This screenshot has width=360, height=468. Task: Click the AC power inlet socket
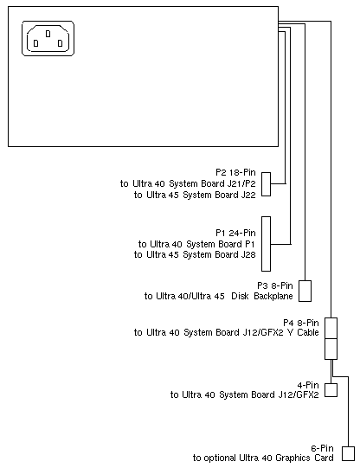point(48,38)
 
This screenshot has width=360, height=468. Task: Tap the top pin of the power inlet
point(48,34)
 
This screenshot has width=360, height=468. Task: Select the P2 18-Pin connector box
point(267,184)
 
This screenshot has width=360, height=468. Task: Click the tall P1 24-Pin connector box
point(267,244)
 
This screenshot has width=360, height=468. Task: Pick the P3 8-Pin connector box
point(305,291)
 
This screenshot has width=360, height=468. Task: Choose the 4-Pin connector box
point(331,390)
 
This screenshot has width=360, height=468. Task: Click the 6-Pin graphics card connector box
point(349,453)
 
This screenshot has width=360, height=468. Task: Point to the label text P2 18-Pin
point(235,172)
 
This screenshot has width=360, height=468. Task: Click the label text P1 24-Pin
point(235,233)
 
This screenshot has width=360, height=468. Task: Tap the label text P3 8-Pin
point(275,285)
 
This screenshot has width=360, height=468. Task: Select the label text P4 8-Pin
point(301,323)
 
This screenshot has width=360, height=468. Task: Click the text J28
point(248,254)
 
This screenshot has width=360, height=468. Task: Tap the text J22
point(248,195)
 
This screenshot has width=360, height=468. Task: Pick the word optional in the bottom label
point(220,458)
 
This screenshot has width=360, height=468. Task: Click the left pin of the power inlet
point(35,43)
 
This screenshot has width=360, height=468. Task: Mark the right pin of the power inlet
point(60,43)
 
